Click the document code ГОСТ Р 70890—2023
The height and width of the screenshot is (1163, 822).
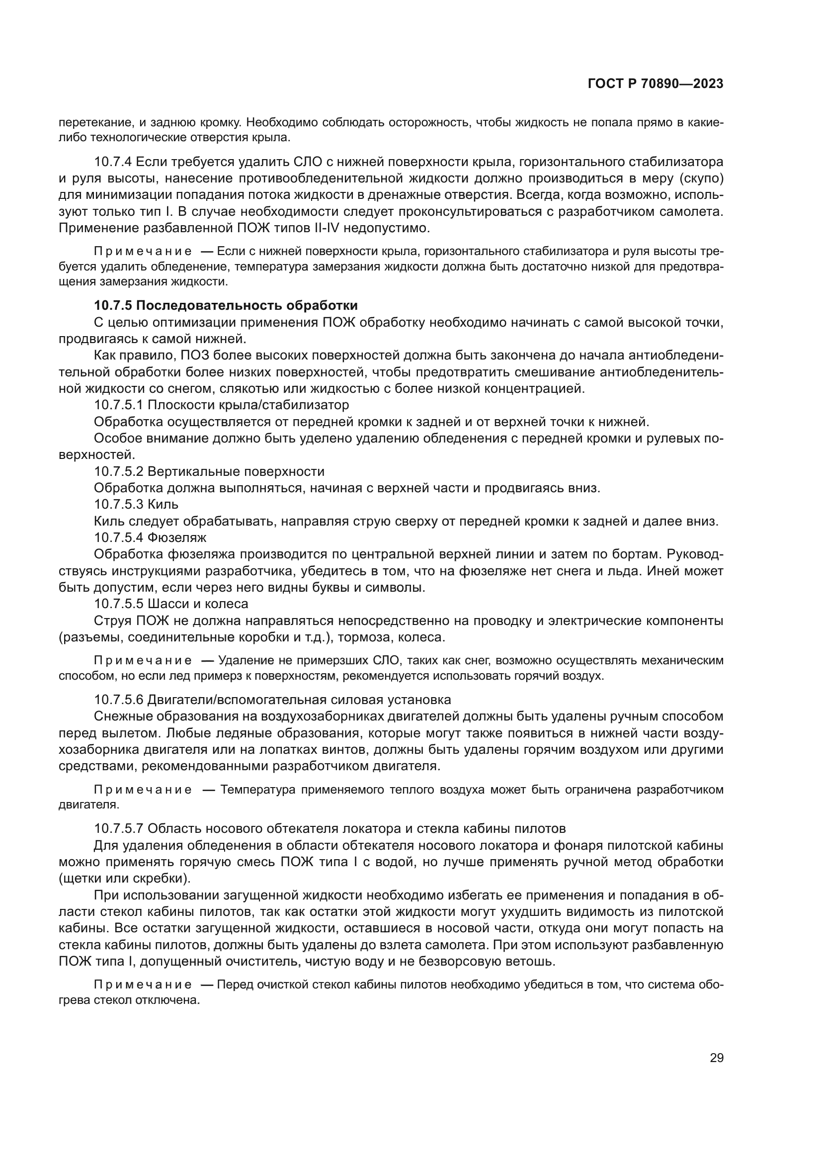656,84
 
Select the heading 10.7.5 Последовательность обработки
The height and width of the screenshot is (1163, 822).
226,305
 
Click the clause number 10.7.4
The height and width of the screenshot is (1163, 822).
113,162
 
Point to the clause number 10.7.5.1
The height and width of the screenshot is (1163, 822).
119,405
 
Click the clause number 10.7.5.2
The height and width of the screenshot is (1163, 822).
119,471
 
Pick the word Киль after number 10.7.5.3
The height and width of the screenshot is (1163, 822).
163,504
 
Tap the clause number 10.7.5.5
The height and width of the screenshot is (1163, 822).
119,604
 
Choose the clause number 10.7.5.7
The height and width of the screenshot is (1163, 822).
119,829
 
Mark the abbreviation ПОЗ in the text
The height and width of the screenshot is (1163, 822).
192,356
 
